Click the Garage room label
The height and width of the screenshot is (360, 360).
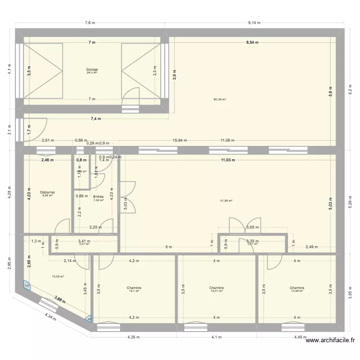(x=92, y=70)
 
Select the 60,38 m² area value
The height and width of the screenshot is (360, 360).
(x=220, y=100)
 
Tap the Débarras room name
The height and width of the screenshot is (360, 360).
(x=47, y=192)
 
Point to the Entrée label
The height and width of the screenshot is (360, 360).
(x=98, y=197)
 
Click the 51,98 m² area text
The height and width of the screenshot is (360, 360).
(x=226, y=201)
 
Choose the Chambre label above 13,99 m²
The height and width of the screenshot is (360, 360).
(x=297, y=288)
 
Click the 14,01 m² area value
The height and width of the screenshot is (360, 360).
(x=217, y=291)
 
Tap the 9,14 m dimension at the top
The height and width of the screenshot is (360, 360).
(x=255, y=23)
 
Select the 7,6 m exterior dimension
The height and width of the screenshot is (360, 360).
(x=90, y=23)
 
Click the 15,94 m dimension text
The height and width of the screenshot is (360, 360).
(x=180, y=141)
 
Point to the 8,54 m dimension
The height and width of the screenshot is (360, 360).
(x=252, y=42)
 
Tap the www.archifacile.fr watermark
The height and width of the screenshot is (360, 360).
(x=329, y=341)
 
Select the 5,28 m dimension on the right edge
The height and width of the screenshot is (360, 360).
(x=350, y=204)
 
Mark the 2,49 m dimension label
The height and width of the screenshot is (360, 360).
(x=312, y=247)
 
